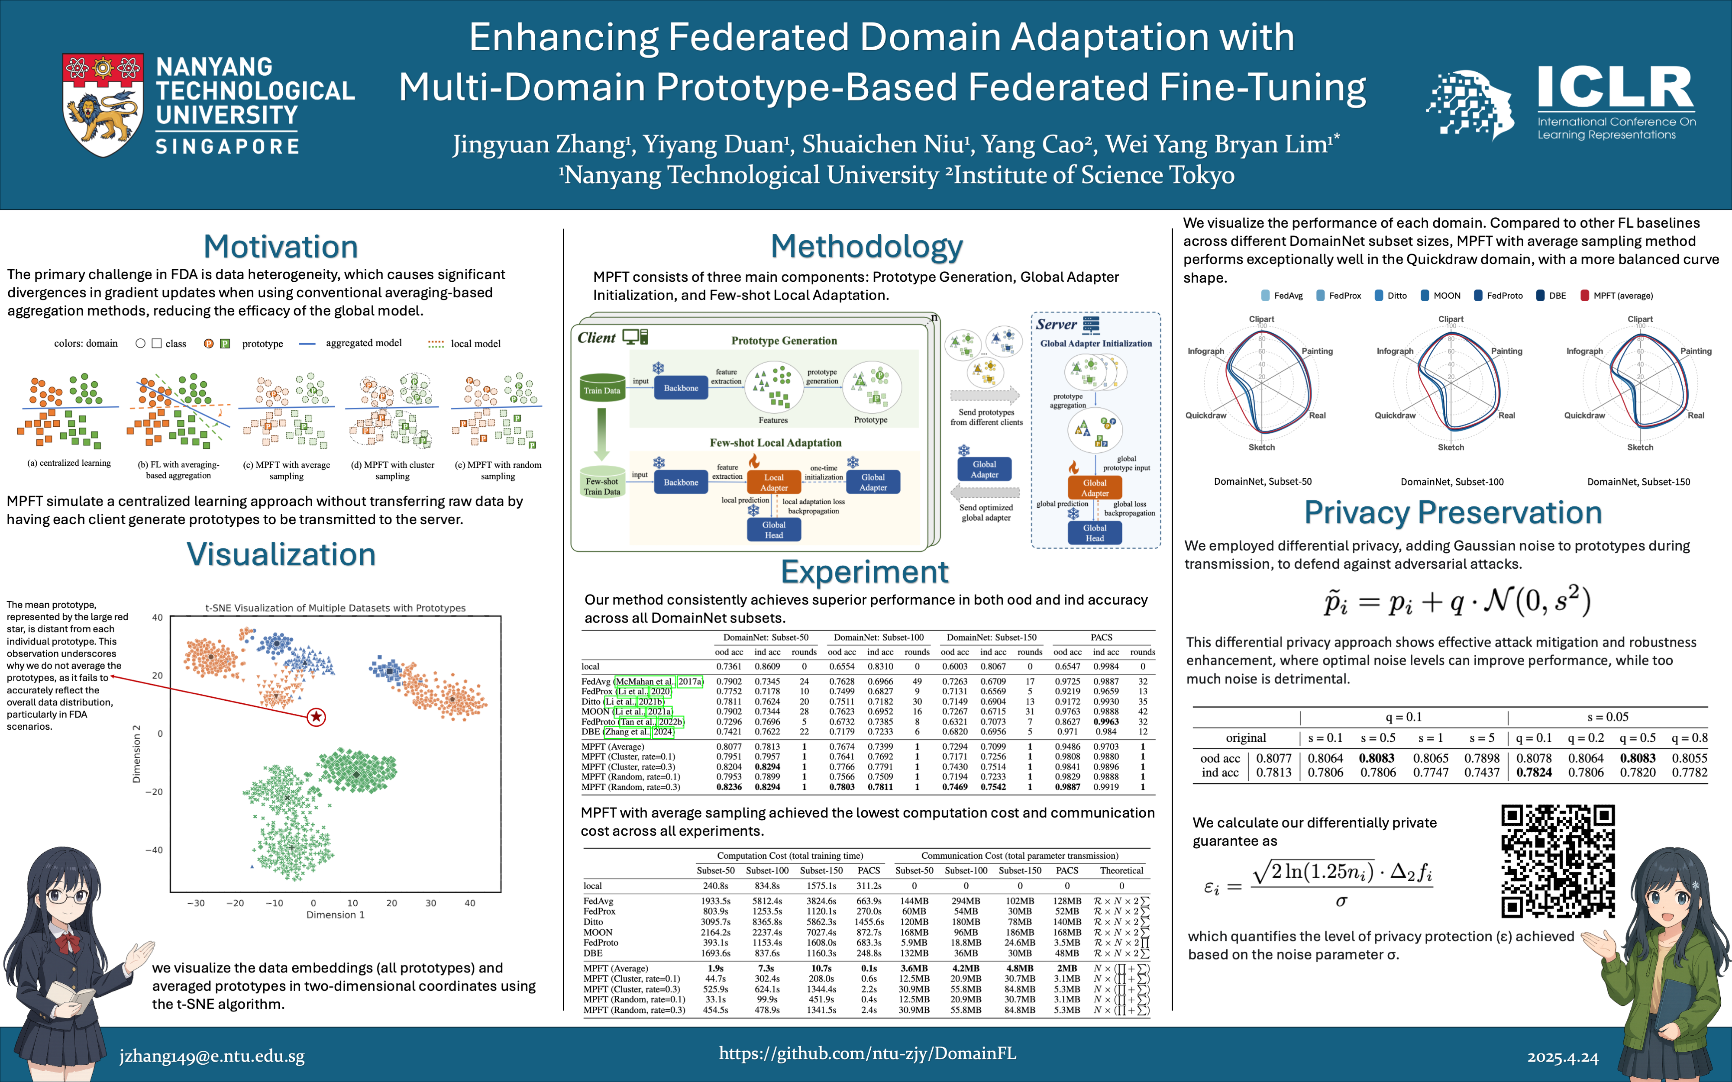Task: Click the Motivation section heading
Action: tap(281, 247)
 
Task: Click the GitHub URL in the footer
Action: tap(867, 1053)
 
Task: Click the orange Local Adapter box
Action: tap(774, 482)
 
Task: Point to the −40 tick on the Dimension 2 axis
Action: tap(154, 850)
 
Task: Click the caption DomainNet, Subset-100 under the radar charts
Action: tap(1451, 482)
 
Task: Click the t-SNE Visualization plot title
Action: tap(335, 608)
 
